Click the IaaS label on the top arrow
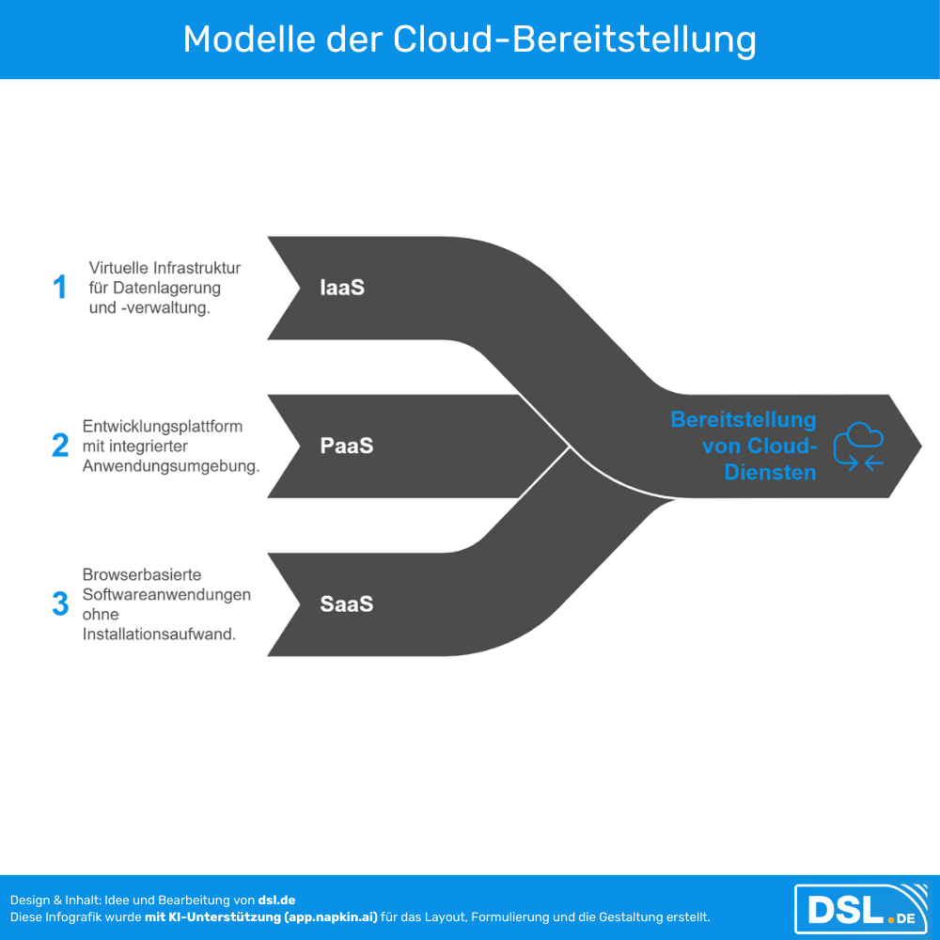coord(341,288)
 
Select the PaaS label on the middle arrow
coord(347,446)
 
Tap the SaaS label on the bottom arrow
coord(347,603)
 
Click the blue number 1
coord(60,287)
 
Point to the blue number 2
coord(60,446)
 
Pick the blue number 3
coord(60,603)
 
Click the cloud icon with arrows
coord(859,446)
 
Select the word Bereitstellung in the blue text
coord(743,420)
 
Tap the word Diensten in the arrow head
coord(770,472)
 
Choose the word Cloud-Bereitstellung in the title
coord(574,39)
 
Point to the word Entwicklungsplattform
coord(163,426)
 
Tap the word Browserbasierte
coord(142,574)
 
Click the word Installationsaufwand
coord(158,634)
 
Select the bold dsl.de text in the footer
coord(276,901)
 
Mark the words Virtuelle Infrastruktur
coord(164,268)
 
